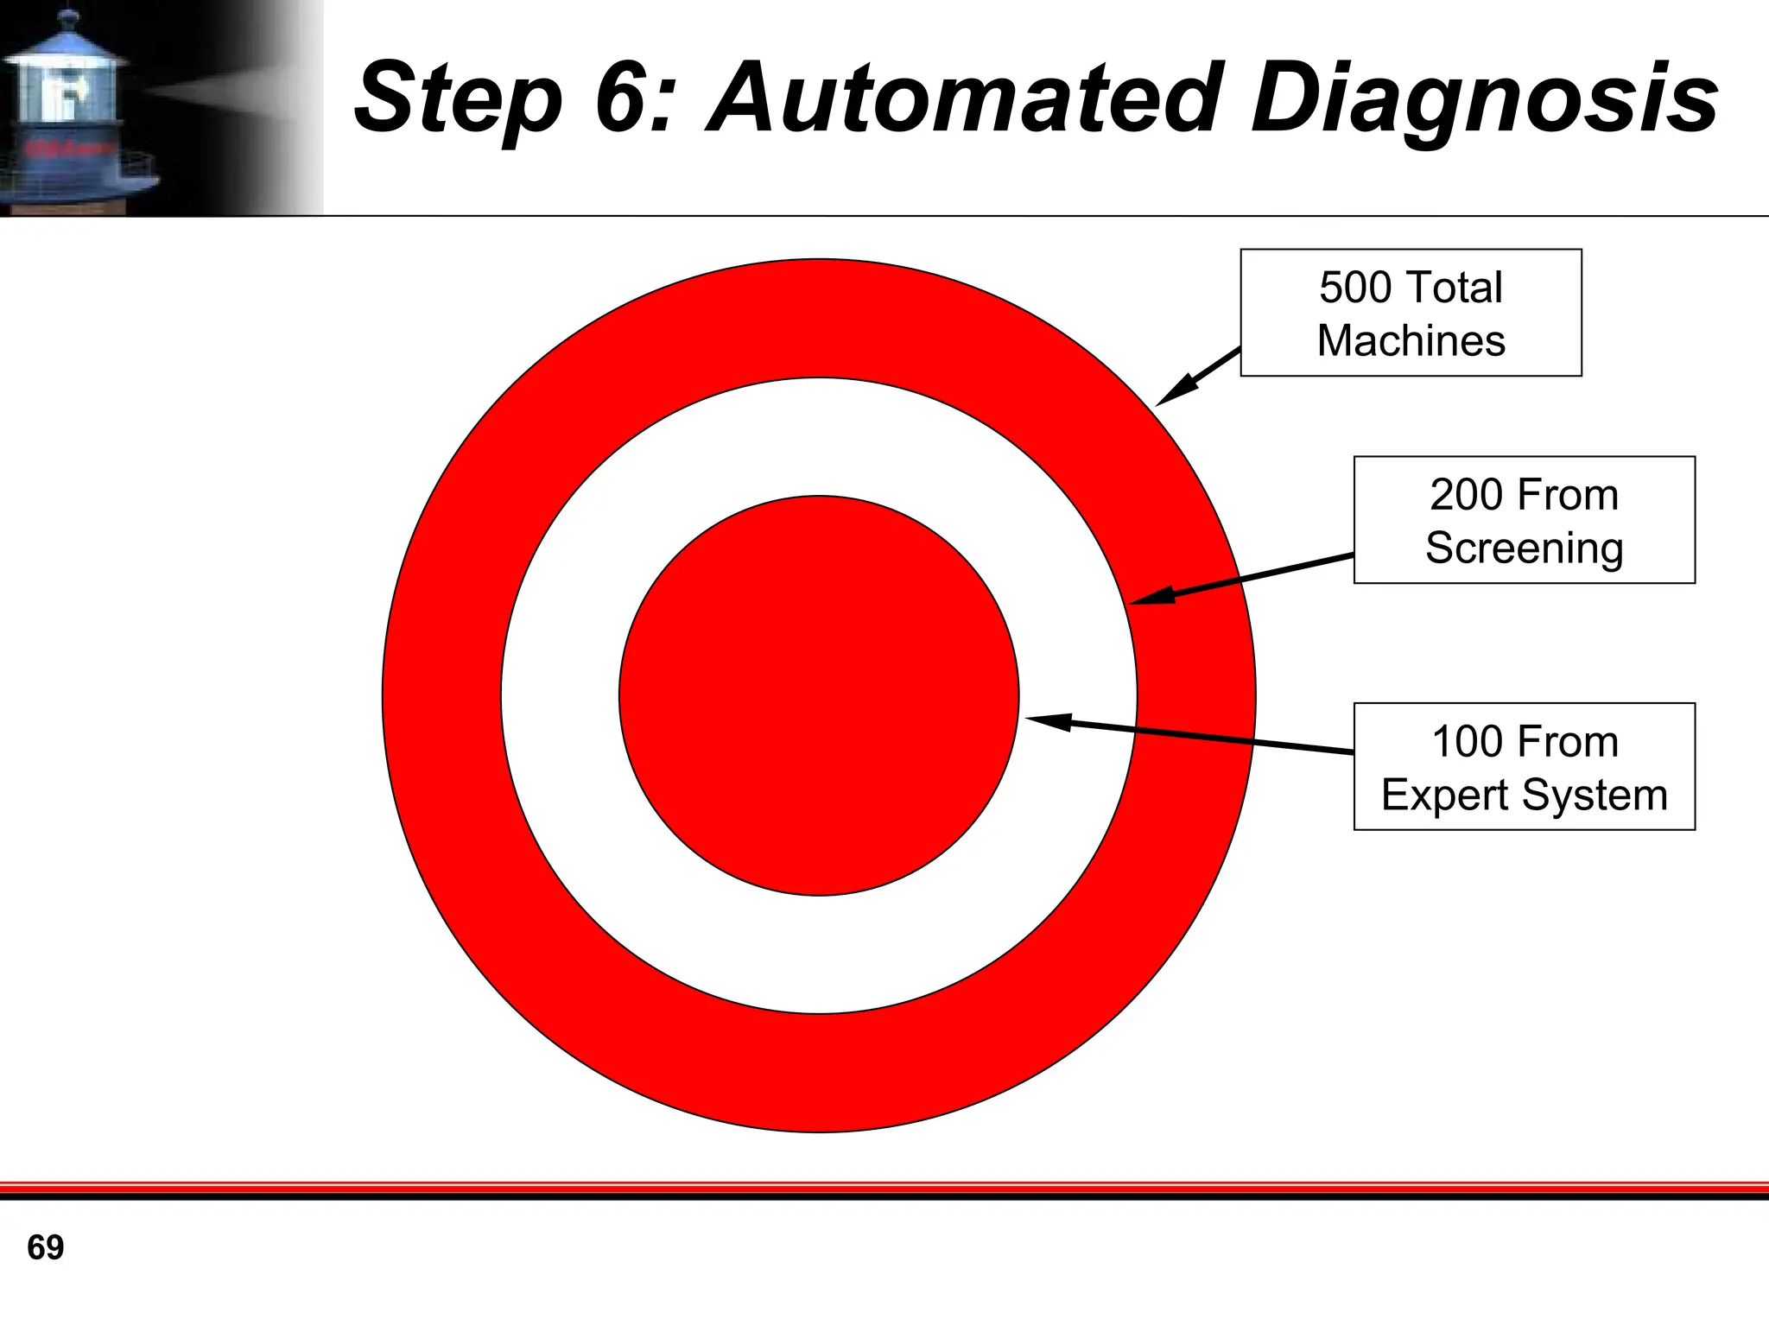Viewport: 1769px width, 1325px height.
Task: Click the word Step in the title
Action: coord(458,99)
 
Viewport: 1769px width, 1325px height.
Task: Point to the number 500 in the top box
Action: coord(1354,288)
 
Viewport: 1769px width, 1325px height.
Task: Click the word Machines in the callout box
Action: coord(1411,340)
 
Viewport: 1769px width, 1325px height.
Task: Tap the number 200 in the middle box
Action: coord(1466,495)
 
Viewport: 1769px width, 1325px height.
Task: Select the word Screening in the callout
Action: coord(1524,548)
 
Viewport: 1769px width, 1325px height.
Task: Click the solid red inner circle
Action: coord(818,695)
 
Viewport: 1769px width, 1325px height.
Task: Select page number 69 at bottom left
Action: coord(45,1247)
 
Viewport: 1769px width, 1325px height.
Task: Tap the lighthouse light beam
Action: coord(225,91)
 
